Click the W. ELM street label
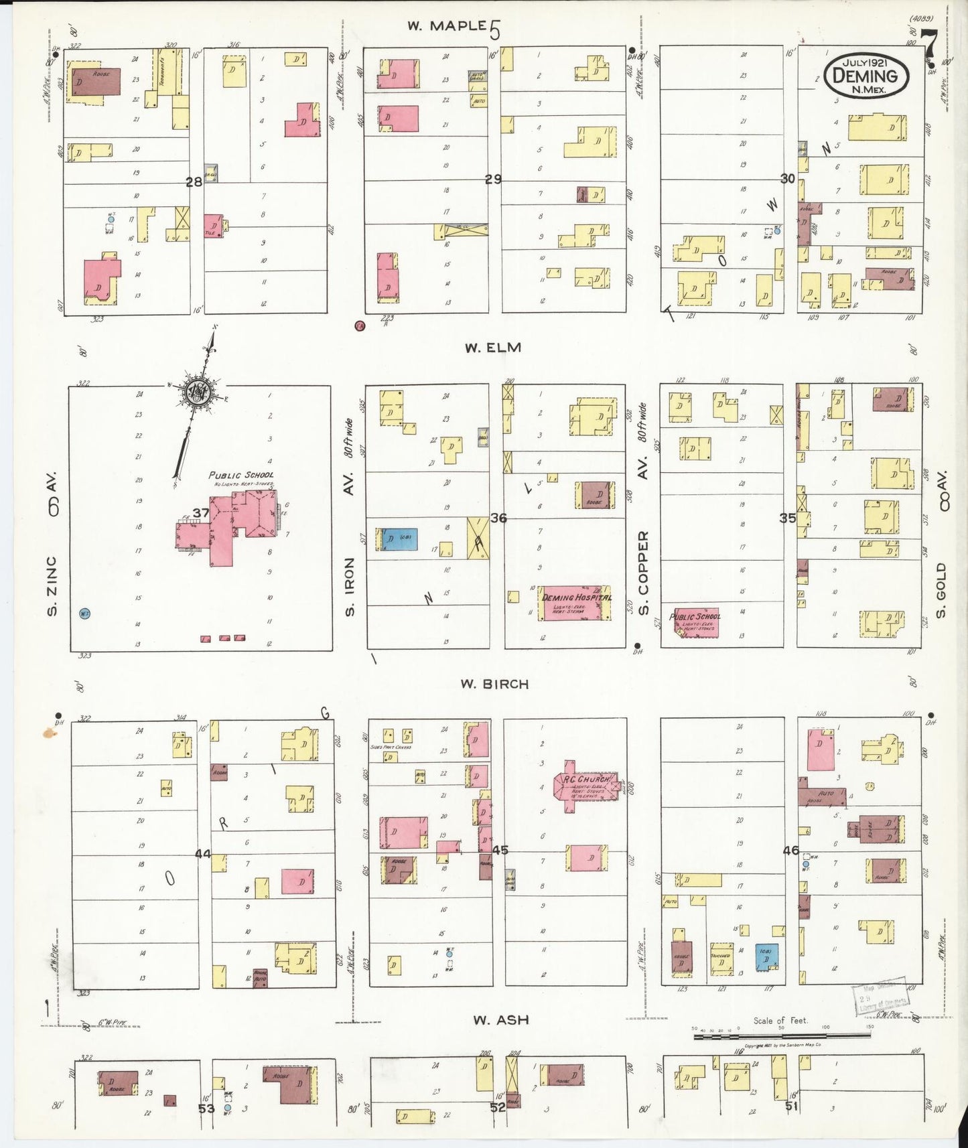tap(492, 348)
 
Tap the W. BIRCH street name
tap(494, 684)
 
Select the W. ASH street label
tap(500, 1020)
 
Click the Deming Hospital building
tap(575, 603)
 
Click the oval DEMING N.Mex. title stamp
tap(866, 76)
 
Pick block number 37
tap(201, 513)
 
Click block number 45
tap(500, 850)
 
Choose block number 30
tap(788, 178)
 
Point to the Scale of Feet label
tap(780, 1021)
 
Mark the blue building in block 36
tap(400, 539)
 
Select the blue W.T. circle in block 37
tap(84, 613)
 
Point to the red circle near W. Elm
tap(360, 326)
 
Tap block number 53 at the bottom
tap(206, 1108)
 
